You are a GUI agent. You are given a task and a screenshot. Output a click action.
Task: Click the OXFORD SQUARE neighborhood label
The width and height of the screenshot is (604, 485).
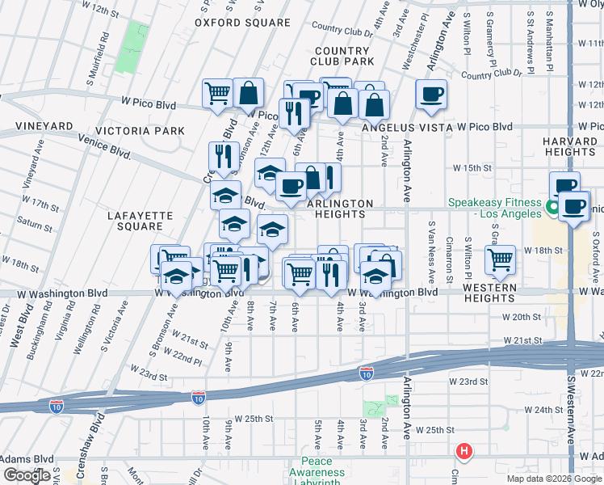(241, 23)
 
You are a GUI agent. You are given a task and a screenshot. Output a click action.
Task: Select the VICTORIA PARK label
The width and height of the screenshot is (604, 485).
(140, 131)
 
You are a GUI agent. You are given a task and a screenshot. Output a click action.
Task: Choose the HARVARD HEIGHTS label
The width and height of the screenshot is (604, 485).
(569, 146)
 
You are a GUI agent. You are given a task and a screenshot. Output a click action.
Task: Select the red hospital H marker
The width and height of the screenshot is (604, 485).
(463, 451)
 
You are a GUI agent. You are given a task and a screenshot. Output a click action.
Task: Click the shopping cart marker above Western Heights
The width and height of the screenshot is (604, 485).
(501, 259)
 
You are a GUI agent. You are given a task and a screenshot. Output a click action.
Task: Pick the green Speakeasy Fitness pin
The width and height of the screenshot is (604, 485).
(553, 208)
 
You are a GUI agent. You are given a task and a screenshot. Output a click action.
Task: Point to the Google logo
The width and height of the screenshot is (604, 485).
(27, 475)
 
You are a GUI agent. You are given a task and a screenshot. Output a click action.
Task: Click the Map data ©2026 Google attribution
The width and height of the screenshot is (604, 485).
(555, 479)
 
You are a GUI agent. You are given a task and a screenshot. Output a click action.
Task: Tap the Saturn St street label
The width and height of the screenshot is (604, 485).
(34, 222)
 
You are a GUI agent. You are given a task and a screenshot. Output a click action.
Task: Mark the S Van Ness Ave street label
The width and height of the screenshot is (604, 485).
(433, 247)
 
